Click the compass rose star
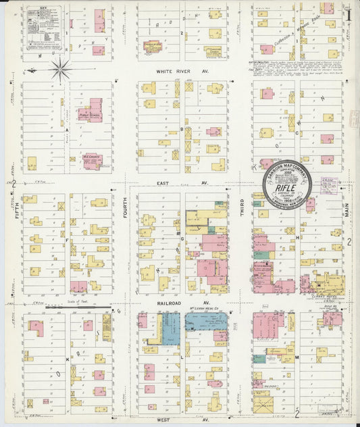coord(60,68)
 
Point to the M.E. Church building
coord(93,160)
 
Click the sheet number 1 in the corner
coord(348,11)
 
